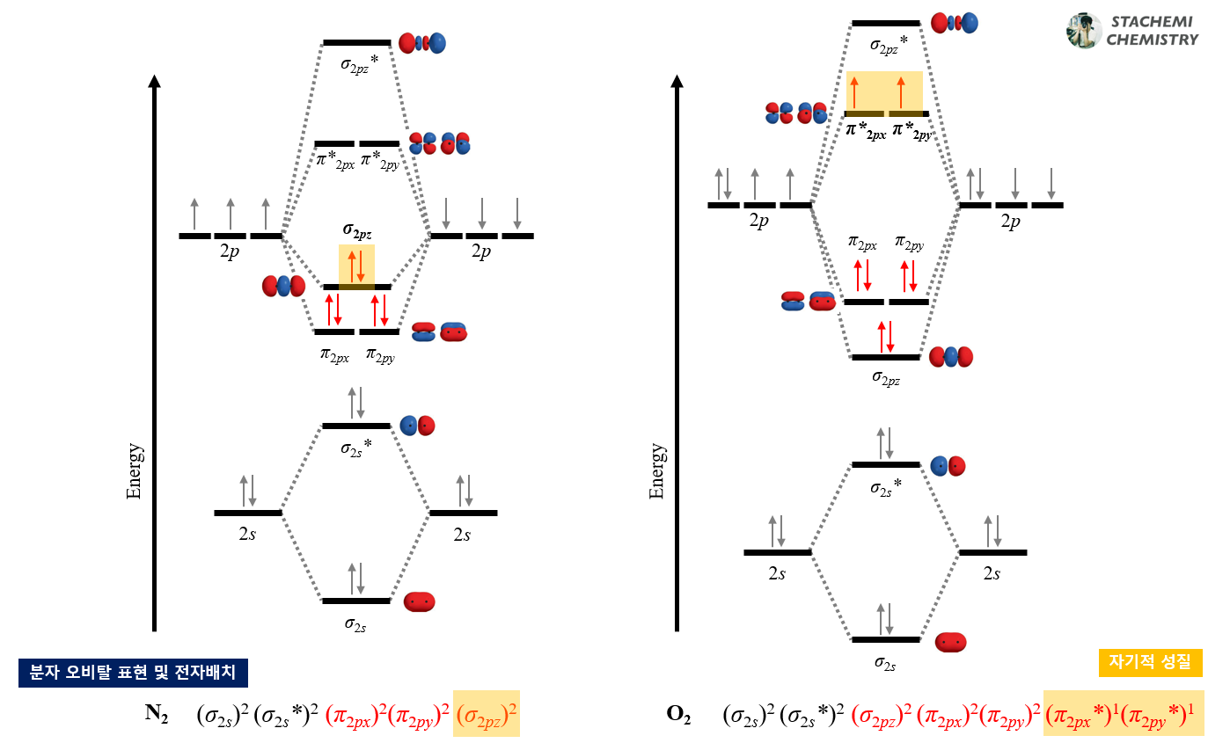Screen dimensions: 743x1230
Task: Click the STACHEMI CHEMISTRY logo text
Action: click(1152, 31)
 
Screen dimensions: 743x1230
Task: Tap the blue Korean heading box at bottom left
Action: click(133, 673)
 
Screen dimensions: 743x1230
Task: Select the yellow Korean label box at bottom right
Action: click(1151, 663)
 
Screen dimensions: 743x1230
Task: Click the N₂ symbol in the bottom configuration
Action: click(157, 714)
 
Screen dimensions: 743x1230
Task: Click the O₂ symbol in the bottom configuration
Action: click(678, 714)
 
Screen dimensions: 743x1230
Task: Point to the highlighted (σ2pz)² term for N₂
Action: click(487, 714)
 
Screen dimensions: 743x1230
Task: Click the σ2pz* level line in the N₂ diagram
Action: click(356, 42)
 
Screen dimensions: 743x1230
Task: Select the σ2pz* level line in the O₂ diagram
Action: click(885, 23)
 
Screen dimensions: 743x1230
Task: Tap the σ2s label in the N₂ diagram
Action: click(355, 624)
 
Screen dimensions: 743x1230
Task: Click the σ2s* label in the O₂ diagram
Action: click(886, 487)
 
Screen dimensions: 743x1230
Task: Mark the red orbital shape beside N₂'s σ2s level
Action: click(419, 602)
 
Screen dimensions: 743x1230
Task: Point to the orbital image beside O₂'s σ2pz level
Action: click(951, 357)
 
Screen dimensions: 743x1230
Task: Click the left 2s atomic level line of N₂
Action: click(247, 513)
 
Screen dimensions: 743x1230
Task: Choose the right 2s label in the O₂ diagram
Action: click(992, 573)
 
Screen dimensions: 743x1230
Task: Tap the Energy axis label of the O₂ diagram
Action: click(656, 471)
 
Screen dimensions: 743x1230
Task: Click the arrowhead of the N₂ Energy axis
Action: click(155, 83)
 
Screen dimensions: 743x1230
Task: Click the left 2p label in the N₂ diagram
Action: click(231, 252)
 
